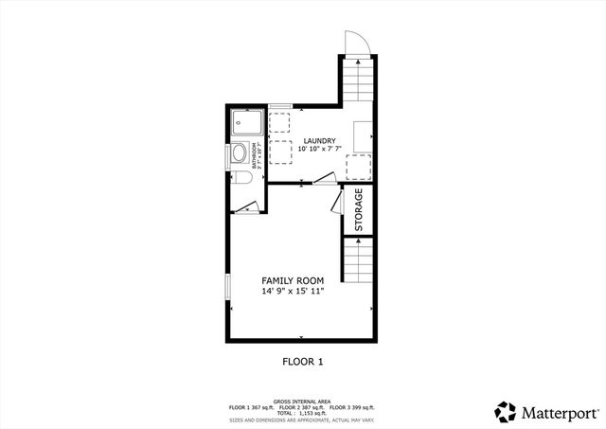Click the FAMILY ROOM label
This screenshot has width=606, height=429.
click(x=293, y=281)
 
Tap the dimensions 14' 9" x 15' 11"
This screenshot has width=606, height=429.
click(x=293, y=292)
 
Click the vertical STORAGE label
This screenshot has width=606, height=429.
click(x=359, y=209)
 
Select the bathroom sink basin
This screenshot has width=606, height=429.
click(x=241, y=153)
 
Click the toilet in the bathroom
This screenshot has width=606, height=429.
click(x=241, y=177)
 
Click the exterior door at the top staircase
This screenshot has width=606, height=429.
click(x=356, y=43)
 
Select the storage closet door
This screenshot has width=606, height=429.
click(x=336, y=200)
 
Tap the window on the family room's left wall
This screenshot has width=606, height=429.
click(x=226, y=290)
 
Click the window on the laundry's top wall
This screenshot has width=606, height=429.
click(x=279, y=105)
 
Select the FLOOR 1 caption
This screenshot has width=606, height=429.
click(x=303, y=361)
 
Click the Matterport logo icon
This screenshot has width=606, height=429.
click(x=507, y=411)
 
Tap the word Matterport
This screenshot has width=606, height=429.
click(x=556, y=412)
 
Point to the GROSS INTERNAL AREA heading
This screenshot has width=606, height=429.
click(x=303, y=401)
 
